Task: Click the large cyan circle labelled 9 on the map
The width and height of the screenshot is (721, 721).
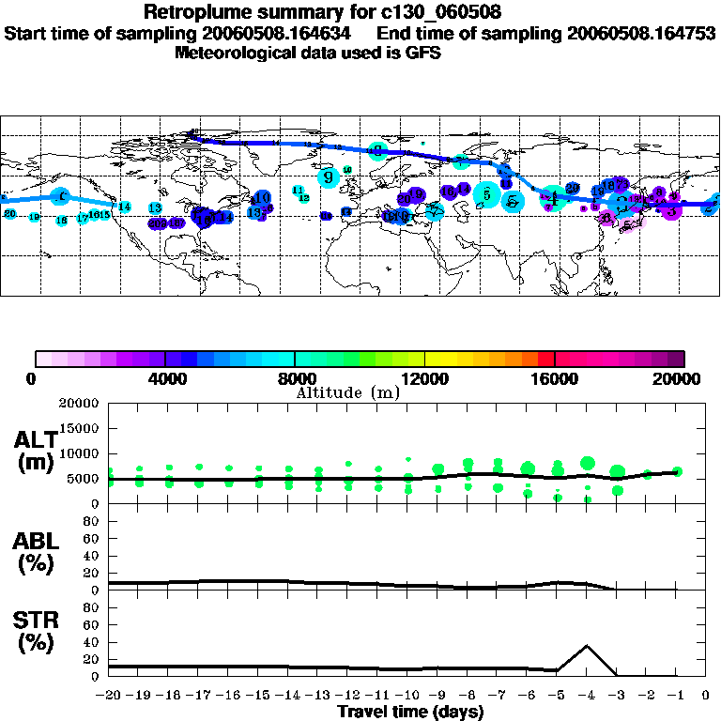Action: pyautogui.click(x=329, y=176)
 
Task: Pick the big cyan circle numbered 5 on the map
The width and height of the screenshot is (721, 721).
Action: pyautogui.click(x=486, y=195)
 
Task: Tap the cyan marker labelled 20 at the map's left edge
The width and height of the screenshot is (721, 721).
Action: pyautogui.click(x=10, y=214)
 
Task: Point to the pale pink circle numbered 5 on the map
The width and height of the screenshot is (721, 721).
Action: pyautogui.click(x=627, y=223)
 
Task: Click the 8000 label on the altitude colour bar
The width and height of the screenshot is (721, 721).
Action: pyautogui.click(x=295, y=378)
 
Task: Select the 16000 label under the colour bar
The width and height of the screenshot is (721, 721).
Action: pyautogui.click(x=555, y=378)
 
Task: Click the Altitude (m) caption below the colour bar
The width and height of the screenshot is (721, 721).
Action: pyautogui.click(x=347, y=392)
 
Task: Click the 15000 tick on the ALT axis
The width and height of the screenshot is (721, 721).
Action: pyautogui.click(x=82, y=428)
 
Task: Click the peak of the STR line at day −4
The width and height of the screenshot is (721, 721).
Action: pyautogui.click(x=587, y=645)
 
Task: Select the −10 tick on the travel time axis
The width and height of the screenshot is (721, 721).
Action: pyautogui.click(x=407, y=696)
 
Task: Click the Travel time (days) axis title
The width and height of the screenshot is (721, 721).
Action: pyautogui.click(x=410, y=713)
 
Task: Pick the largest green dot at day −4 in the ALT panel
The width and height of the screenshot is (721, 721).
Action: pyautogui.click(x=588, y=463)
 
